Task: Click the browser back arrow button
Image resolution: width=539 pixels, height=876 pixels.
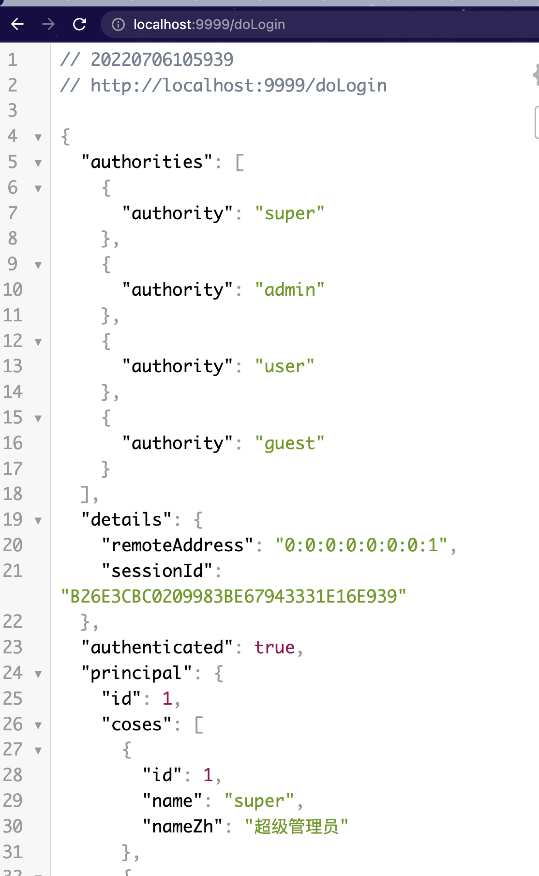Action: (17, 24)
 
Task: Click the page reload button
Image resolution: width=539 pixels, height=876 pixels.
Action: (79, 24)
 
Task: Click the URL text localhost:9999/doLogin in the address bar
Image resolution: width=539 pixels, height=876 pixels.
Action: (209, 24)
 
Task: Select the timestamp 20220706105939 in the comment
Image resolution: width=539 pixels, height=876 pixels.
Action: (162, 60)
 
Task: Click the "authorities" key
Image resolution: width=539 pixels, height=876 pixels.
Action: (147, 162)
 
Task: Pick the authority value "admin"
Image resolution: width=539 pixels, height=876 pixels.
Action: (289, 289)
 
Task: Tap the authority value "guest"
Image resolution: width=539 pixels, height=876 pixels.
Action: (289, 443)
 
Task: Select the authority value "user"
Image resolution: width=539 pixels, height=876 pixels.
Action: (284, 366)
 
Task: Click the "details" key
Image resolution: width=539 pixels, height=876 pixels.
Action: (126, 519)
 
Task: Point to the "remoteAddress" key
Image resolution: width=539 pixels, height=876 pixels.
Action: (177, 545)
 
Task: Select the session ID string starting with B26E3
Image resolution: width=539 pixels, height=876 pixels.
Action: (234, 596)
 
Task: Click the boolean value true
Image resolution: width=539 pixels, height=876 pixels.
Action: (274, 648)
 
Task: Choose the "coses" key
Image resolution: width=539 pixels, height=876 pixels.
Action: (136, 725)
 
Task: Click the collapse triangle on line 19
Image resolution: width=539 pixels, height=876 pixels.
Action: (38, 521)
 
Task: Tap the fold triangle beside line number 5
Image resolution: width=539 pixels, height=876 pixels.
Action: (38, 163)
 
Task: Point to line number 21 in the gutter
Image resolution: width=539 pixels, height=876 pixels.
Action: (13, 571)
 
